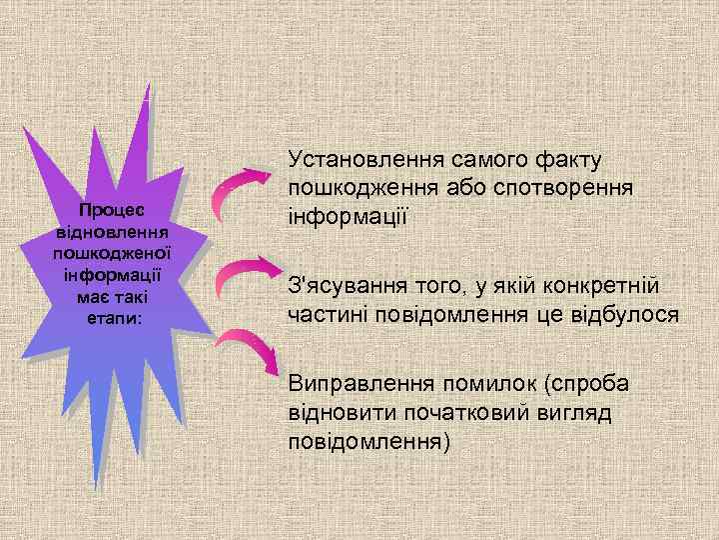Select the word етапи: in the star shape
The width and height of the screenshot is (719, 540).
pos(113,317)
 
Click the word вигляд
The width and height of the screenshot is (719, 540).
pos(589,413)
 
